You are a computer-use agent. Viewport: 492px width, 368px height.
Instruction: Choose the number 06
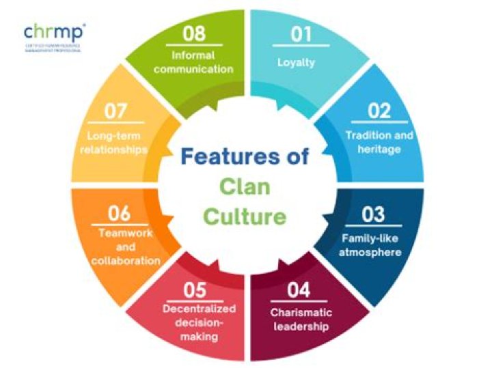pos(119,214)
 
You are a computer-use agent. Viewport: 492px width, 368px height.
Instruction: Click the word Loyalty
pos(296,63)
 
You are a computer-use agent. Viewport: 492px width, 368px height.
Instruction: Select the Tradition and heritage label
pos(379,142)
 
